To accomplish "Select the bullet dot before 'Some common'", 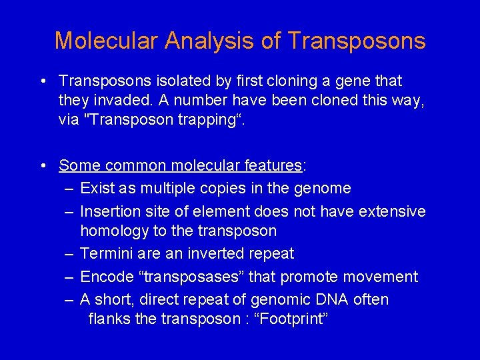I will tap(43, 165).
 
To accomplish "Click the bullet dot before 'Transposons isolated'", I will tap(43, 81).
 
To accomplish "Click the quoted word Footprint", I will tap(287, 319).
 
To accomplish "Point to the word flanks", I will tap(109, 319).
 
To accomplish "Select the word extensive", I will tap(392, 211).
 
